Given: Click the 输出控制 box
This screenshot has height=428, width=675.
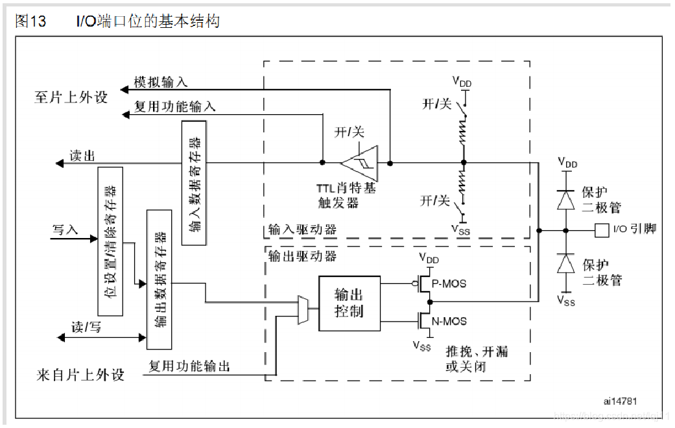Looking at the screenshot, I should [x=349, y=303].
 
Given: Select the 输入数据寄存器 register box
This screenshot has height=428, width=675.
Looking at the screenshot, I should [x=195, y=182].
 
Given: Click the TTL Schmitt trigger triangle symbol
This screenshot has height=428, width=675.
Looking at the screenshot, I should [x=359, y=163].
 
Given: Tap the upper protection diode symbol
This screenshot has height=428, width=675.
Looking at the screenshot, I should [x=565, y=198].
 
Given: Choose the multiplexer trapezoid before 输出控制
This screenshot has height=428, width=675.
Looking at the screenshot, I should [x=302, y=309].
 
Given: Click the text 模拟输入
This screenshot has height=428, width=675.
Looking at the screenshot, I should [x=160, y=82].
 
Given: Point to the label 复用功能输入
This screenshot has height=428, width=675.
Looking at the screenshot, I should [x=174, y=106].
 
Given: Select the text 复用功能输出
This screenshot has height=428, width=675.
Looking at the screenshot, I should [x=189, y=366].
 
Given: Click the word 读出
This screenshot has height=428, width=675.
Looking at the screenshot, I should [x=83, y=156].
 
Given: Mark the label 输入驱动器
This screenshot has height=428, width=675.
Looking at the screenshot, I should [x=302, y=230].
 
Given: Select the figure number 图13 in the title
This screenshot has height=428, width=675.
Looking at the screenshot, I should [x=30, y=21].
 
